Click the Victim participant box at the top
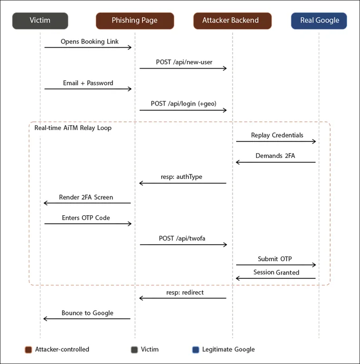point(40,21)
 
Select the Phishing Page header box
point(134,21)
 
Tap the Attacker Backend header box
point(232,21)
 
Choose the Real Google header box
point(319,21)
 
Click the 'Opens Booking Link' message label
point(89,42)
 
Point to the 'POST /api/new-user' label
point(184,62)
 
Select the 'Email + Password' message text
point(88,83)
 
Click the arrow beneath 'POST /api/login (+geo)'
point(183,110)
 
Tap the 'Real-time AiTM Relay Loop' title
point(73,128)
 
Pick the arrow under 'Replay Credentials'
point(276,141)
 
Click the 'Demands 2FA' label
point(275,156)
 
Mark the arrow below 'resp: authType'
point(183,183)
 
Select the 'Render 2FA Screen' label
point(86,198)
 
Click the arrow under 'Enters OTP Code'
point(88,224)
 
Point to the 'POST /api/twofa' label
point(182,238)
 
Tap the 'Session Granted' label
point(276,272)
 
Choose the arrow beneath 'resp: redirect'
point(183,298)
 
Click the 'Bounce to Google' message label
point(87,313)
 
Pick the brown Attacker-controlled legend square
point(28,350)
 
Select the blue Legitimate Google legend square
point(196,350)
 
